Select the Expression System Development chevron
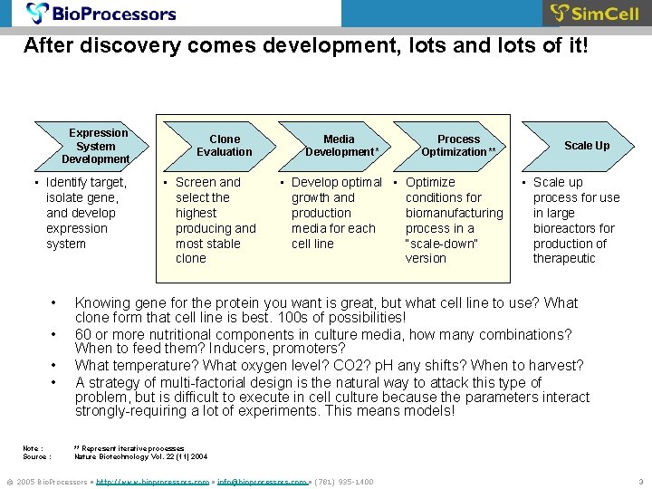pos(96,146)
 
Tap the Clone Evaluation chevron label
pos(225,146)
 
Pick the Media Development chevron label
pos(340,146)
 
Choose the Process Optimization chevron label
pos(458,146)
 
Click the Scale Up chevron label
pos(587,146)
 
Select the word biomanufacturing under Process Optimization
pos(454,213)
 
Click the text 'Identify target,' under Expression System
pos(86,182)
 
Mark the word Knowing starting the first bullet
pos(102,303)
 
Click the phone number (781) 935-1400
pos(343,482)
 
